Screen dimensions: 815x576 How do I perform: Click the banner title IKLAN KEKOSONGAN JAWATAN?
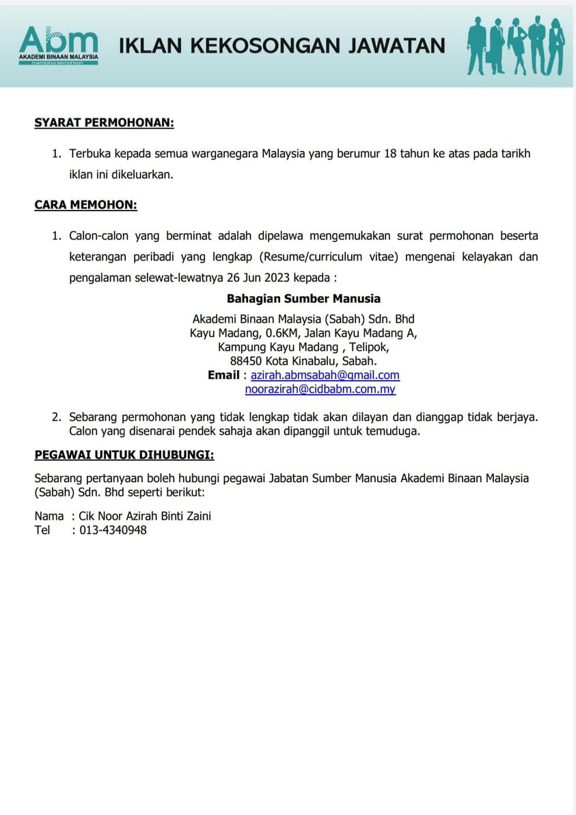pyautogui.click(x=282, y=46)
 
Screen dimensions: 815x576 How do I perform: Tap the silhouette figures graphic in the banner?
pyautogui.click(x=516, y=45)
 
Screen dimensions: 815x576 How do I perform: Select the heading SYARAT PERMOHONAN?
pyautogui.click(x=105, y=123)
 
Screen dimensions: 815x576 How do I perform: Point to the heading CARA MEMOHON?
pyautogui.click(x=86, y=204)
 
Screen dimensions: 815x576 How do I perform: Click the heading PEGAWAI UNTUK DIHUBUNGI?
pyautogui.click(x=124, y=455)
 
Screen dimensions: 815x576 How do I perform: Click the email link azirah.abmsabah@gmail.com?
pyautogui.click(x=325, y=375)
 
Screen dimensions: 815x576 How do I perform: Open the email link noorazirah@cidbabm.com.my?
pyautogui.click(x=320, y=390)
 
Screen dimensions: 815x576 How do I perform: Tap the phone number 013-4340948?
pyautogui.click(x=113, y=530)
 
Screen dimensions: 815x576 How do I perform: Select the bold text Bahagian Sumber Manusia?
pyautogui.click(x=303, y=299)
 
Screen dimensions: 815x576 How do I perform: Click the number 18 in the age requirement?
pyautogui.click(x=391, y=153)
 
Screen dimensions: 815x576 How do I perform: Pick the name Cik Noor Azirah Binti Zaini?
pyautogui.click(x=145, y=516)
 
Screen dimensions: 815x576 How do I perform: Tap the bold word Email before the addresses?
pyautogui.click(x=223, y=375)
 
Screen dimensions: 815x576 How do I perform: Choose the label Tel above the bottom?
pyautogui.click(x=42, y=530)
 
